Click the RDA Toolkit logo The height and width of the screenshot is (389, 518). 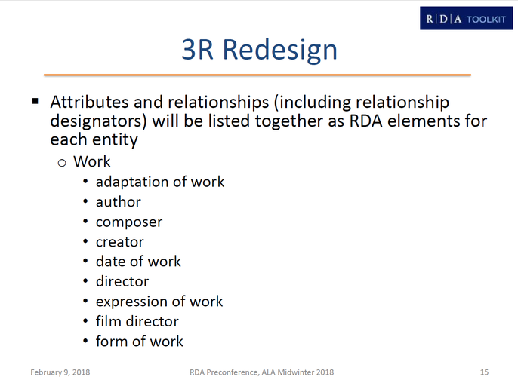466,18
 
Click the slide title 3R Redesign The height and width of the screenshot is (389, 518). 259,50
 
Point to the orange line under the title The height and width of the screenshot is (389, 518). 257,75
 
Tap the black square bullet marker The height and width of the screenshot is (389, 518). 35,101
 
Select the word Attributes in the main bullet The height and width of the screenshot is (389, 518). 89,102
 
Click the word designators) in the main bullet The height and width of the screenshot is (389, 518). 98,121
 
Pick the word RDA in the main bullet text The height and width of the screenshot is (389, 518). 365,121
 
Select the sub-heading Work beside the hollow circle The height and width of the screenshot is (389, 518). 92,161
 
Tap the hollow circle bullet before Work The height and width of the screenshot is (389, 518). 62,163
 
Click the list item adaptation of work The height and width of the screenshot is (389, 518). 160,182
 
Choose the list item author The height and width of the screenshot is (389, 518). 119,202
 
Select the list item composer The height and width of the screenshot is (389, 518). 129,222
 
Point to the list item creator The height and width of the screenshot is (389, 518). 120,242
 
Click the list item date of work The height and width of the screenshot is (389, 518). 138,262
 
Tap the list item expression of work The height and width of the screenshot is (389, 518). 159,302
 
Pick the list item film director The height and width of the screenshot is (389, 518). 137,321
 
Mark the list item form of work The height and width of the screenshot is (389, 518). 139,342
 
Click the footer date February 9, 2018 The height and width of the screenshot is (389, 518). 60,372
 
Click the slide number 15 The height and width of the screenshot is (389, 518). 484,372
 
